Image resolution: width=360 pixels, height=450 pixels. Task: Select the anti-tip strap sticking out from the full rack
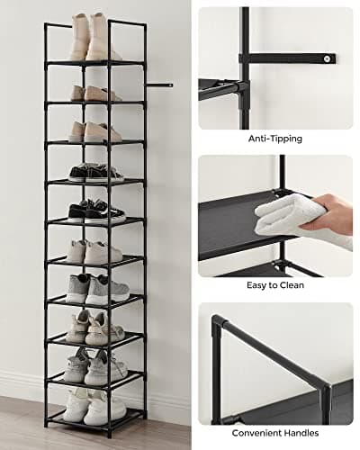(160, 85)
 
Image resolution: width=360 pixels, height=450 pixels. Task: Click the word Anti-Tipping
(275, 139)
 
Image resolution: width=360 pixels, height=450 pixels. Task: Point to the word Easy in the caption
(258, 285)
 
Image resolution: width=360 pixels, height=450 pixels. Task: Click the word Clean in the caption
(292, 285)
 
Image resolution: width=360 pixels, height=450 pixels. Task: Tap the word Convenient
(258, 433)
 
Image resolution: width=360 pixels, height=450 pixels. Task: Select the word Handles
(303, 433)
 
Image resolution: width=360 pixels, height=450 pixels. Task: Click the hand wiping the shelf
(335, 213)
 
